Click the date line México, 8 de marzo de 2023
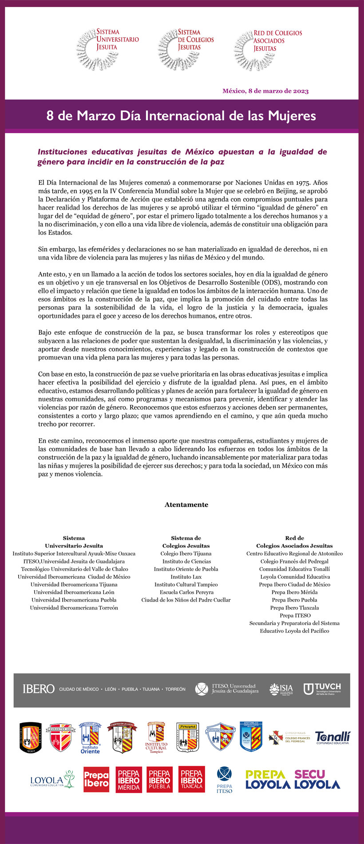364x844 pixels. (265, 91)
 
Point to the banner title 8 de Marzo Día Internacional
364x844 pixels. (181, 116)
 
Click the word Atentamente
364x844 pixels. (186, 504)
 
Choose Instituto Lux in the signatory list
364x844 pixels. (186, 577)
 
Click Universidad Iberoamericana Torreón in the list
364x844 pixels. (74, 608)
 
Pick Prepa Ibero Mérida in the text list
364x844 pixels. (294, 592)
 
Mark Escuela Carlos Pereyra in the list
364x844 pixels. (186, 592)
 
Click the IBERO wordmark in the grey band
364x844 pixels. (39, 689)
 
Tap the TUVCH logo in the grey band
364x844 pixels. (323, 689)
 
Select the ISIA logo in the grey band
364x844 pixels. (281, 689)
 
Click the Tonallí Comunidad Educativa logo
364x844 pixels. (332, 738)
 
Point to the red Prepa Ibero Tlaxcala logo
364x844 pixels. (192, 780)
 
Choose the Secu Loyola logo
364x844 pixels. (317, 780)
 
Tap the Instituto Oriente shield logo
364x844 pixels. (90, 738)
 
